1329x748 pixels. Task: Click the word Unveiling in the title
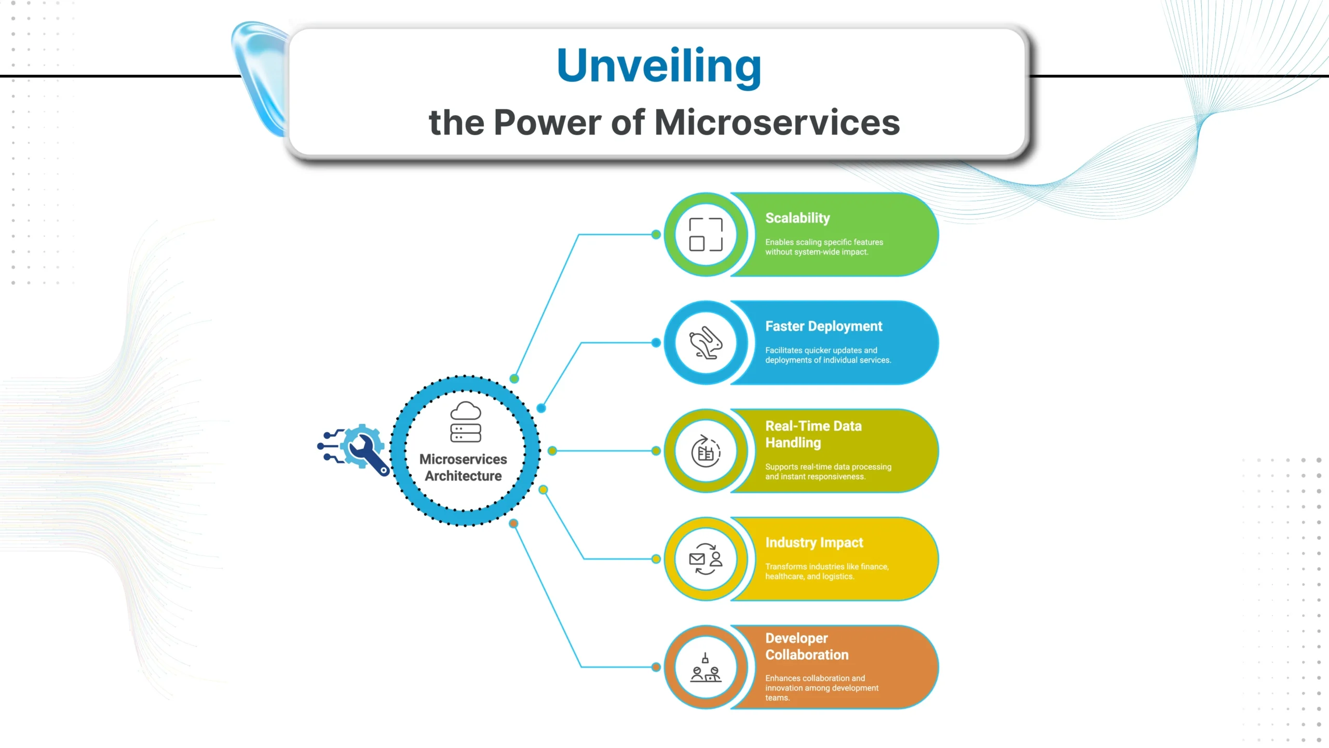(x=659, y=65)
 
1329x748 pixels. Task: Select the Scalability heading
(x=797, y=218)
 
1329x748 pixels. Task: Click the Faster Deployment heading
(x=823, y=326)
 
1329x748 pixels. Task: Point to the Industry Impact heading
(x=814, y=542)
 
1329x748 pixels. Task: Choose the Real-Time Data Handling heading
(x=813, y=434)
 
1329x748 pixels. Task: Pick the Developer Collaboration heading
(x=807, y=646)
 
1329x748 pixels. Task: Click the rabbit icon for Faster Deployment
(x=706, y=342)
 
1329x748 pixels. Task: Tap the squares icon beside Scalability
(x=706, y=234)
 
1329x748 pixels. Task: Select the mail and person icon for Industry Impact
(x=706, y=559)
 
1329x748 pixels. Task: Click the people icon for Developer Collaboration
(x=706, y=667)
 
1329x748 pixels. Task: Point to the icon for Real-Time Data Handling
(x=706, y=451)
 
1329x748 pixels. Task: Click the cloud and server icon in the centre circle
(x=466, y=421)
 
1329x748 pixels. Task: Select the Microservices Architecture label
(x=463, y=468)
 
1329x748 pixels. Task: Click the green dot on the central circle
(x=514, y=379)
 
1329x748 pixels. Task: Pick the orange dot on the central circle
(x=513, y=523)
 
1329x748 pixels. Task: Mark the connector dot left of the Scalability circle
(x=656, y=234)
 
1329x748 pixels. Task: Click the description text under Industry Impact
(x=826, y=571)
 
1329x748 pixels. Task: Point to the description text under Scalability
(x=824, y=247)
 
